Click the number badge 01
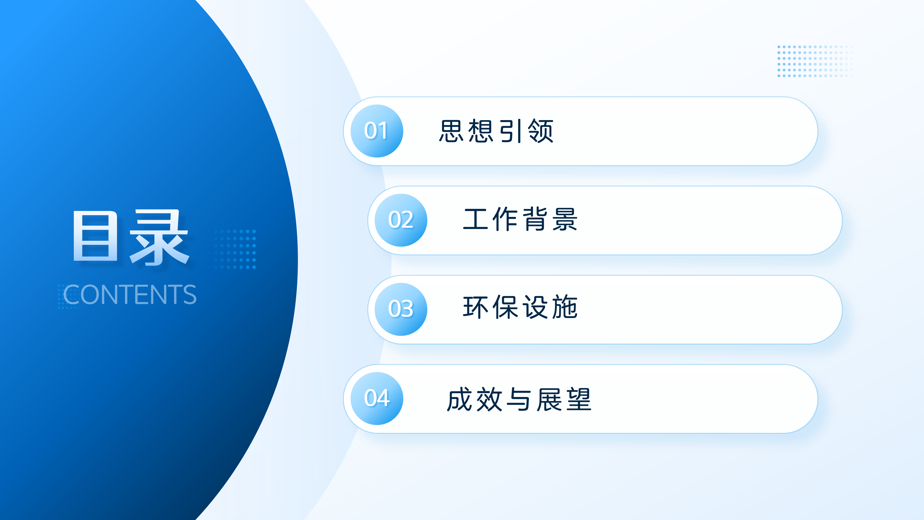pyautogui.click(x=377, y=131)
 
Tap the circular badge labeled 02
pyautogui.click(x=401, y=220)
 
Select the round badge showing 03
pyautogui.click(x=401, y=309)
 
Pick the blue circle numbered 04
pyautogui.click(x=377, y=398)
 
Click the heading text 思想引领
pyautogui.click(x=496, y=131)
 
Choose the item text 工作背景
pyautogui.click(x=520, y=219)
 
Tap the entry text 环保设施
pyautogui.click(x=520, y=308)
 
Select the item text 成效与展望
pyautogui.click(x=519, y=399)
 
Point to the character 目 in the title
pyautogui.click(x=96, y=236)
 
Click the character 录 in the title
pyautogui.click(x=159, y=237)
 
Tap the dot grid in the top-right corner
pyautogui.click(x=814, y=61)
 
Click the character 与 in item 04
pyautogui.click(x=519, y=399)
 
